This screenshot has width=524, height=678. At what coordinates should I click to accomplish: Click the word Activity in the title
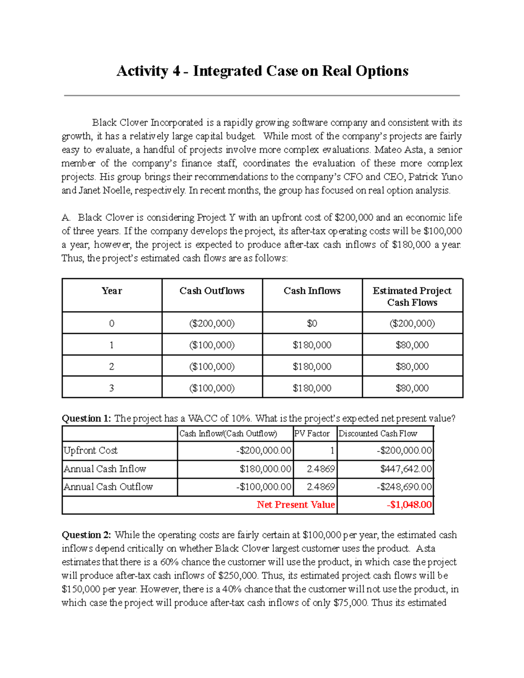142,71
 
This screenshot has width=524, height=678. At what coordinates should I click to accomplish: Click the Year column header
112,291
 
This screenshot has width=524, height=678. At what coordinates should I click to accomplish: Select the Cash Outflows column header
212,291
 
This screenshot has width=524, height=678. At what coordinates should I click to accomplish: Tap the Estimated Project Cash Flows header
412,296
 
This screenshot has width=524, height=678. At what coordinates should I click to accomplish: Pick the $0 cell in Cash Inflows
312,324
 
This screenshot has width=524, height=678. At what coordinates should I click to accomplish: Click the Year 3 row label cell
112,388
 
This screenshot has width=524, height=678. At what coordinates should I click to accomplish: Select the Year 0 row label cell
112,324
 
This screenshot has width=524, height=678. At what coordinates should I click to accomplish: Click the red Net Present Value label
296,505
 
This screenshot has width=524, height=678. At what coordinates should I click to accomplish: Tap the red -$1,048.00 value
409,505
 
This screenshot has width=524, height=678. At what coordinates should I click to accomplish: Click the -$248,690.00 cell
404,487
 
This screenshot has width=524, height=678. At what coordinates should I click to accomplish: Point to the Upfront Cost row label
91,451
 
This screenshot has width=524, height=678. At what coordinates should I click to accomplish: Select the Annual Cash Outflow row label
108,487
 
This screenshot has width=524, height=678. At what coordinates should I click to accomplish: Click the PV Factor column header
312,434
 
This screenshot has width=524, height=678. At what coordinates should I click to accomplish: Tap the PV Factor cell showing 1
332,451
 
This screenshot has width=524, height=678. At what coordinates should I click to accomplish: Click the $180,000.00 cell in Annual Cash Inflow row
265,469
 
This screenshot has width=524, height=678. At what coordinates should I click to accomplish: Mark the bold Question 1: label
86,418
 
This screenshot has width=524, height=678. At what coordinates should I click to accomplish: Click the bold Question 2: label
86,535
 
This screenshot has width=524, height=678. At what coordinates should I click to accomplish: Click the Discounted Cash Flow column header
378,434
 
